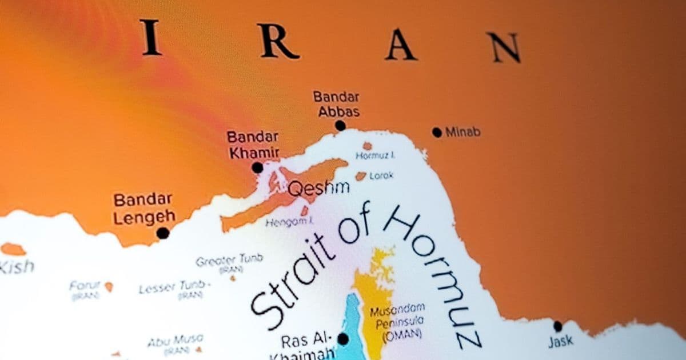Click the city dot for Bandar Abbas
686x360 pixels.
click(x=340, y=126)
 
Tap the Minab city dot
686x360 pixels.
click(x=437, y=133)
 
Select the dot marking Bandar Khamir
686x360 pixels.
click(x=257, y=167)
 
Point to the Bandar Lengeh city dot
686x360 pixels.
click(x=163, y=233)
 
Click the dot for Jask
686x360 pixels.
click(x=557, y=326)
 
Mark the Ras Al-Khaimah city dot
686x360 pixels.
click(x=343, y=339)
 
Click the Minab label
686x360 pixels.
click(x=463, y=133)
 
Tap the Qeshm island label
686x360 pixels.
click(x=318, y=189)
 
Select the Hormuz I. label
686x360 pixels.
click(x=376, y=155)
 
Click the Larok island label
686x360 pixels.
click(x=381, y=176)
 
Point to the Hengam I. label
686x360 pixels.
click(x=289, y=222)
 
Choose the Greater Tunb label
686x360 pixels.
click(x=229, y=260)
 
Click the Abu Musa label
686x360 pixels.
click(x=175, y=341)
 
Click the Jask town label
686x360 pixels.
click(x=560, y=342)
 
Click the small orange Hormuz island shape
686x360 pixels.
click(x=367, y=146)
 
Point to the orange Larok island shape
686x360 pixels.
click(x=361, y=177)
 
